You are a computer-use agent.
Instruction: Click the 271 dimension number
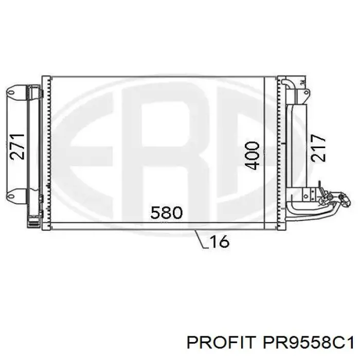pyautogui.click(x=17, y=147)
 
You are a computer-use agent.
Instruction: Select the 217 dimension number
pyautogui.click(x=318, y=148)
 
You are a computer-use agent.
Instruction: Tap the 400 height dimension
pyautogui.click(x=252, y=155)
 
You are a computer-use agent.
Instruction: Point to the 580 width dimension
pyautogui.click(x=167, y=212)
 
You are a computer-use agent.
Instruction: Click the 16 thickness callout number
pyautogui.click(x=220, y=241)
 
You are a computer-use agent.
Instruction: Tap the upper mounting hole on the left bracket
pyautogui.click(x=11, y=93)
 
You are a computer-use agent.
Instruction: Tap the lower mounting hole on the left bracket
pyautogui.click(x=11, y=196)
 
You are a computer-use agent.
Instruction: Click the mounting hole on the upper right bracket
pyautogui.click(x=306, y=92)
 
